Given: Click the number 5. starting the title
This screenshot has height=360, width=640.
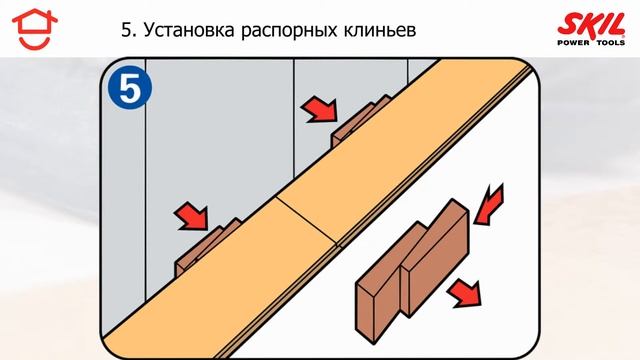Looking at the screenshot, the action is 127,32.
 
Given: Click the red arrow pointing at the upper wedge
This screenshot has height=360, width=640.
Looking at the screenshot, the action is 320,107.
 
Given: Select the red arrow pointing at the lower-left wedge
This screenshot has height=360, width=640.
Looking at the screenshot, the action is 190,215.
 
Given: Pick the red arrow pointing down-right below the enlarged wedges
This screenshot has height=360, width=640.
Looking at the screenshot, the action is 462,294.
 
